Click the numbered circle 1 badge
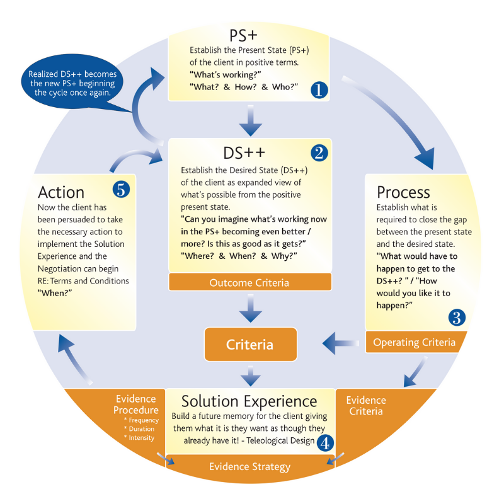pyautogui.click(x=319, y=90)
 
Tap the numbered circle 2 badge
pyautogui.click(x=319, y=152)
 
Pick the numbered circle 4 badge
pyautogui.click(x=324, y=443)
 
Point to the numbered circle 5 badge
pyautogui.click(x=120, y=188)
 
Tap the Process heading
pyautogui.click(x=403, y=192)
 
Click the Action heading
pyautogui.click(x=61, y=191)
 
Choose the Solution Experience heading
pyautogui.click(x=249, y=401)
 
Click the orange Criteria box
pyautogui.click(x=250, y=345)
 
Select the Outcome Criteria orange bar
pyautogui.click(x=249, y=282)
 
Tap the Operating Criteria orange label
pyautogui.click(x=414, y=342)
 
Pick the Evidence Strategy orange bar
pyautogui.click(x=249, y=467)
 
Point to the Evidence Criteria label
pyautogui.click(x=366, y=406)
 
